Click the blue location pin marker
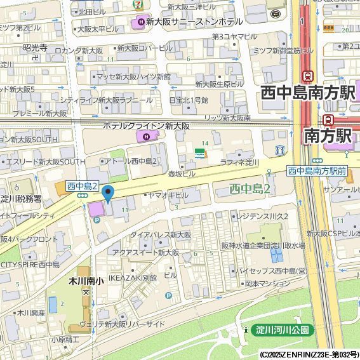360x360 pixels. tap(108, 193)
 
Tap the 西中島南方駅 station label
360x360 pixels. tap(307, 93)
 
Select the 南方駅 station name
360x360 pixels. tap(328, 135)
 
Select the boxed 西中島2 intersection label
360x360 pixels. tap(82, 186)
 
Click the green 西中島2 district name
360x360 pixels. tap(250, 188)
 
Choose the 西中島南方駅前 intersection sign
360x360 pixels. tap(316, 170)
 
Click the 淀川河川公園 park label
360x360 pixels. tap(283, 330)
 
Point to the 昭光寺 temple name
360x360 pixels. tap(35, 48)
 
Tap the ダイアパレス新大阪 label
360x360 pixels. tap(161, 234)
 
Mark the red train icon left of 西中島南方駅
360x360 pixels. tap(308, 76)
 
